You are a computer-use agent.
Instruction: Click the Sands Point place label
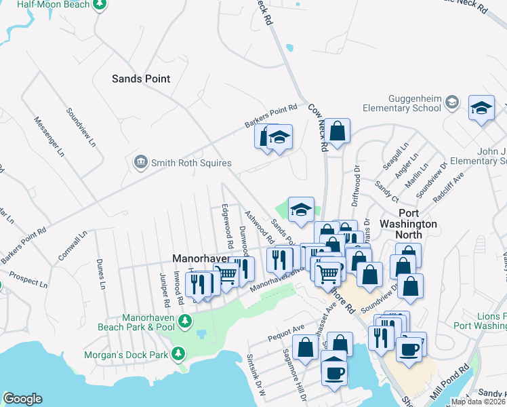coord(141,79)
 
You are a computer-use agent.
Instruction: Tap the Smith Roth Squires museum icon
coord(140,162)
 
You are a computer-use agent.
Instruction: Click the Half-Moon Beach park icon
coord(100,4)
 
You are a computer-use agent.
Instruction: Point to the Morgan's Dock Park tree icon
coord(178,353)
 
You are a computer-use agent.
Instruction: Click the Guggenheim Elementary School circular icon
coord(453,103)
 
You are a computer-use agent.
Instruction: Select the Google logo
coord(22,398)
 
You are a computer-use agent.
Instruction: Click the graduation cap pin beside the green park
coord(301,209)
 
